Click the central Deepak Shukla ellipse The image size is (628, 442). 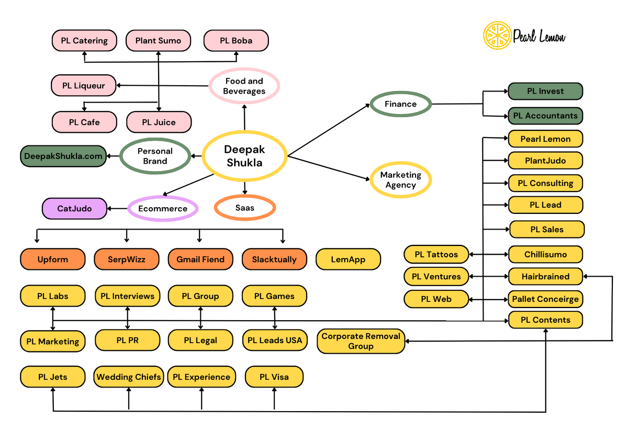(244, 156)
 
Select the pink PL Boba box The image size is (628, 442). (235, 40)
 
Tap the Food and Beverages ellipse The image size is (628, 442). (244, 86)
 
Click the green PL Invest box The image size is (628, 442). (545, 91)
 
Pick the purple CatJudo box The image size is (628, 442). (74, 208)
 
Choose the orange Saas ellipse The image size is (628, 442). (244, 208)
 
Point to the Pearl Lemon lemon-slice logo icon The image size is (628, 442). (496, 36)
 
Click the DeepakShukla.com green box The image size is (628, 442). (63, 156)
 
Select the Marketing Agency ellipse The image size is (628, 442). (400, 180)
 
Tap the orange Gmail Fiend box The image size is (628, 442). (200, 259)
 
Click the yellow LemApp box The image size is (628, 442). (348, 259)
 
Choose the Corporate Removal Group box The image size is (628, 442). (361, 341)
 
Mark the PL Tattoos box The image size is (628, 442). (436, 255)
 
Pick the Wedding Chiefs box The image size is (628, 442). (129, 377)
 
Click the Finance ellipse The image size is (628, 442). (400, 104)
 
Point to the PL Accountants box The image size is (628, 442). (545, 116)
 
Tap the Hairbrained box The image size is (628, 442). (545, 276)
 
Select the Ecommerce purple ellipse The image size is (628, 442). (163, 208)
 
